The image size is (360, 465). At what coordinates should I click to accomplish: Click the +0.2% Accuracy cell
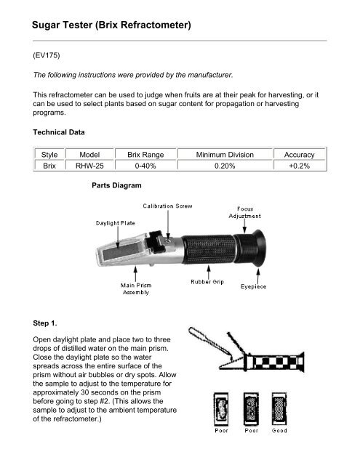pyautogui.click(x=298, y=166)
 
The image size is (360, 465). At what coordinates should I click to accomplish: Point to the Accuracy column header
pyautogui.click(x=298, y=155)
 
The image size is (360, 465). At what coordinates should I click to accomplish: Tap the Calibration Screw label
pyautogui.click(x=167, y=206)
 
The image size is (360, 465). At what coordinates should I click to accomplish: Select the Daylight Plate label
pyautogui.click(x=116, y=222)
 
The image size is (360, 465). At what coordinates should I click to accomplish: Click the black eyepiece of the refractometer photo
pyautogui.click(x=258, y=250)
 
